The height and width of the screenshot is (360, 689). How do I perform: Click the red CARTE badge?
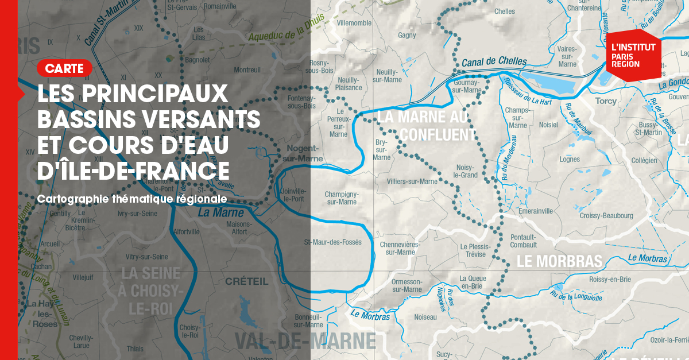click(64, 68)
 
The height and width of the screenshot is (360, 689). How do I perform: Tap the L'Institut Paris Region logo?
click(633, 55)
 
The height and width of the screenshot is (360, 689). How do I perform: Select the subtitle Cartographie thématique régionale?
click(132, 199)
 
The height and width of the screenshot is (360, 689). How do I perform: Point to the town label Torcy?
click(606, 101)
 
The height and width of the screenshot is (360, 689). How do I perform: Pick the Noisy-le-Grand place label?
click(465, 171)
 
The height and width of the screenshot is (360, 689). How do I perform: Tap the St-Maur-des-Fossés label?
click(333, 242)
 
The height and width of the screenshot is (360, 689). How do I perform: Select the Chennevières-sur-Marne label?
click(400, 248)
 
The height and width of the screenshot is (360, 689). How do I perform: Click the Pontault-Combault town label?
click(523, 241)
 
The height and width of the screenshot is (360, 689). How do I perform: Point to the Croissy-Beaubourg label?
click(606, 216)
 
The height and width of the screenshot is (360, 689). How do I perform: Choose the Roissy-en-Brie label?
click(610, 280)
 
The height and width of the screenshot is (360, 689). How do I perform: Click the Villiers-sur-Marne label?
click(412, 181)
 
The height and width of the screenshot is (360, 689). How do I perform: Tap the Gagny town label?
click(407, 36)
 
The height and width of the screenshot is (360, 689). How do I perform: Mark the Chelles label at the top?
click(505, 11)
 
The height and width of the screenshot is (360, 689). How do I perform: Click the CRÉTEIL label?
click(247, 281)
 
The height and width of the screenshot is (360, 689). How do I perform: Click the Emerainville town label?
click(535, 211)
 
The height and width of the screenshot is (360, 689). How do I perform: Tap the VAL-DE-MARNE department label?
click(305, 341)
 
